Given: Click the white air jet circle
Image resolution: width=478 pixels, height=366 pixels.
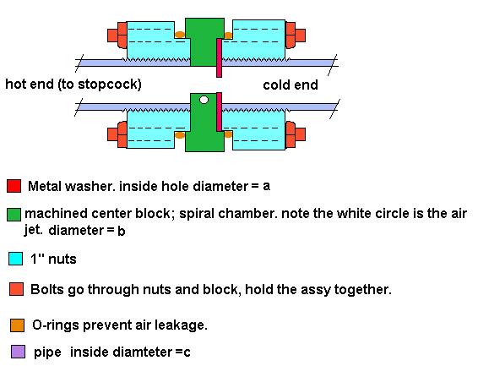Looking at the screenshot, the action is click(x=204, y=100).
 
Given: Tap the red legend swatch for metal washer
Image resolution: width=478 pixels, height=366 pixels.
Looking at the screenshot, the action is click(x=14, y=186).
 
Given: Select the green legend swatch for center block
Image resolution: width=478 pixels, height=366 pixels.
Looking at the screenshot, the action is click(x=14, y=215).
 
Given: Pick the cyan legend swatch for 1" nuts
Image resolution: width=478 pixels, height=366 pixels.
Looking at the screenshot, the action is click(x=15, y=259).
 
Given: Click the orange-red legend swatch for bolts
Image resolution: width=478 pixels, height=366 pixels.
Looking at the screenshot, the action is click(x=16, y=289).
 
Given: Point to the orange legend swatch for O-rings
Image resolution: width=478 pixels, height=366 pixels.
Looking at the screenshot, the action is click(x=17, y=325).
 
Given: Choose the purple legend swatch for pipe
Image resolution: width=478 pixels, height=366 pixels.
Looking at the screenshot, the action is click(x=18, y=352).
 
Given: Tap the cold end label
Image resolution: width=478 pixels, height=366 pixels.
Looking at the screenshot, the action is click(x=291, y=85).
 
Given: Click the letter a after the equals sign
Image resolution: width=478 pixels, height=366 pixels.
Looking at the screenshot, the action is click(x=266, y=186).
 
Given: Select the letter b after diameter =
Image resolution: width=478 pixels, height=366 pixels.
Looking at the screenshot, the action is click(x=121, y=231).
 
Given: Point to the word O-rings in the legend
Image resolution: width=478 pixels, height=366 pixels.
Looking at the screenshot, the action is click(x=56, y=325).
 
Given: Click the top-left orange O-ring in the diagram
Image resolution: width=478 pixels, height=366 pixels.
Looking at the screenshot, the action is click(x=180, y=35).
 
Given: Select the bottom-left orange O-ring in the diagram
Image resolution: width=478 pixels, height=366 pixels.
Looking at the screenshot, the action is click(x=180, y=135).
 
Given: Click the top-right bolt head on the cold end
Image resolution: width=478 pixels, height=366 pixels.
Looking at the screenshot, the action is click(x=296, y=36).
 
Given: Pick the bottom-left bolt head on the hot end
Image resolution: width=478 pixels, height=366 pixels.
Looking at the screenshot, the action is click(x=117, y=134).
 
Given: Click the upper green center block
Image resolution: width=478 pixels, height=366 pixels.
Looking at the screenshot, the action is click(x=204, y=41).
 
